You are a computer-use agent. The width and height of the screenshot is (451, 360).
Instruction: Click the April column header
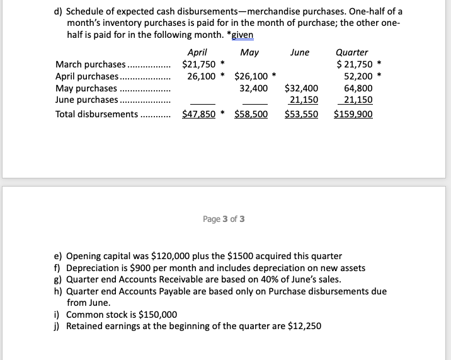197,52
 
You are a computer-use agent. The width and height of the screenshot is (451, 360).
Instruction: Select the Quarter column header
352,52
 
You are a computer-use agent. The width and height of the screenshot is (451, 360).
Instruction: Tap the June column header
300,52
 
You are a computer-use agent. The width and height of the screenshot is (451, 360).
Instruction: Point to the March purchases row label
91,64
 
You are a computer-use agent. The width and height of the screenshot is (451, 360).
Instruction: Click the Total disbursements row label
96,114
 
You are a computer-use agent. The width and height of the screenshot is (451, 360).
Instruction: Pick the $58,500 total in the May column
251,114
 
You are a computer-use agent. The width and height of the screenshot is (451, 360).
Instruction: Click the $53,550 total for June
302,114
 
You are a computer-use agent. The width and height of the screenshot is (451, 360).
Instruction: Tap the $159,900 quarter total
353,114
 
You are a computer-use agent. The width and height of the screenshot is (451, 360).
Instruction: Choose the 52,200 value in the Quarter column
358,76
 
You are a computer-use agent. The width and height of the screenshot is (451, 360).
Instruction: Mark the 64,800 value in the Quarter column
358,88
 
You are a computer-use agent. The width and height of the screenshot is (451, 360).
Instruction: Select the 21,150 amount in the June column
303,100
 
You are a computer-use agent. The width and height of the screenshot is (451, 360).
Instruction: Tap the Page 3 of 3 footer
224,219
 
